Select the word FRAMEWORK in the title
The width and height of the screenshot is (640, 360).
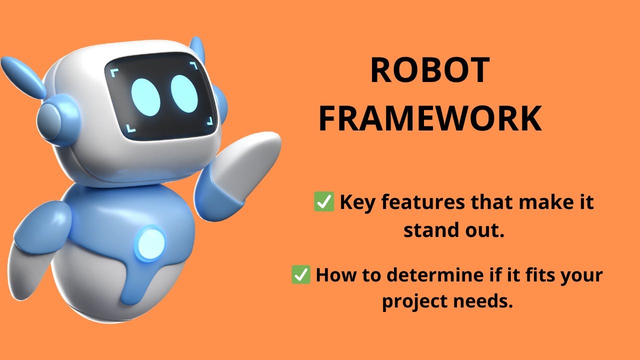click(x=430, y=119)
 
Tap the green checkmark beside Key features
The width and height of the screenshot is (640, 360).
click(x=323, y=202)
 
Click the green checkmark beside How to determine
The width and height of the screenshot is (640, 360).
click(x=301, y=275)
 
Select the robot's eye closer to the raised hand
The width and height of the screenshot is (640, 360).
click(x=184, y=93)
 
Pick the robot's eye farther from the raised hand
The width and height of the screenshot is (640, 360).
click(x=146, y=96)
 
